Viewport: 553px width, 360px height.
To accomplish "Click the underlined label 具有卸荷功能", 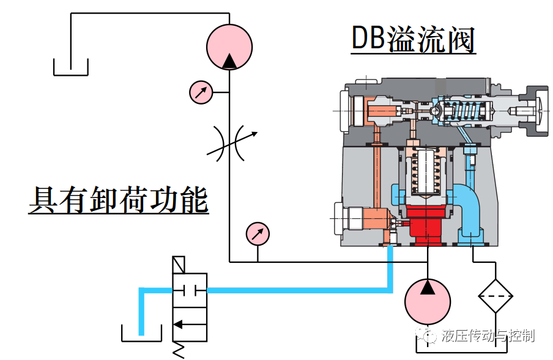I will click(119, 200).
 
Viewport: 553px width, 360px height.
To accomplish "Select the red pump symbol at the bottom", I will click(428, 301).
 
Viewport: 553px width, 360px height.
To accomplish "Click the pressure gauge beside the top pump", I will click(201, 92).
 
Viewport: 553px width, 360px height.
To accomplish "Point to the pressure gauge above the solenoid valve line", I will click(258, 233).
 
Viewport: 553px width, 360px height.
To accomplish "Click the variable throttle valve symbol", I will click(229, 143).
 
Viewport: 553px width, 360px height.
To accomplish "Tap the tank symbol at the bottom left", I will click(141, 334).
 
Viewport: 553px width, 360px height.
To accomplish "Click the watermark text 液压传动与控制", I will click(488, 336).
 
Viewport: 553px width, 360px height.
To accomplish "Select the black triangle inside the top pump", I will click(229, 60).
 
